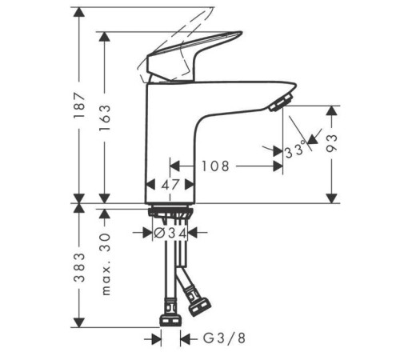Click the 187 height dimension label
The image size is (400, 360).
tap(79, 105)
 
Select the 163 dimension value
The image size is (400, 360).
tap(105, 118)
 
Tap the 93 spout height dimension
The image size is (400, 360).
tap(332, 143)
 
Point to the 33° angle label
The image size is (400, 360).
tap(295, 150)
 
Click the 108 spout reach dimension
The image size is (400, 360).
tap(215, 166)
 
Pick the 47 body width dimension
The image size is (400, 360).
tap(170, 185)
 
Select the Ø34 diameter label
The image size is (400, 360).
tap(170, 234)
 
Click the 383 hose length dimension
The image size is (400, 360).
tap(79, 267)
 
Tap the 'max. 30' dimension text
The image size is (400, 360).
tap(106, 264)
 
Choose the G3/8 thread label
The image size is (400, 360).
tap(224, 338)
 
